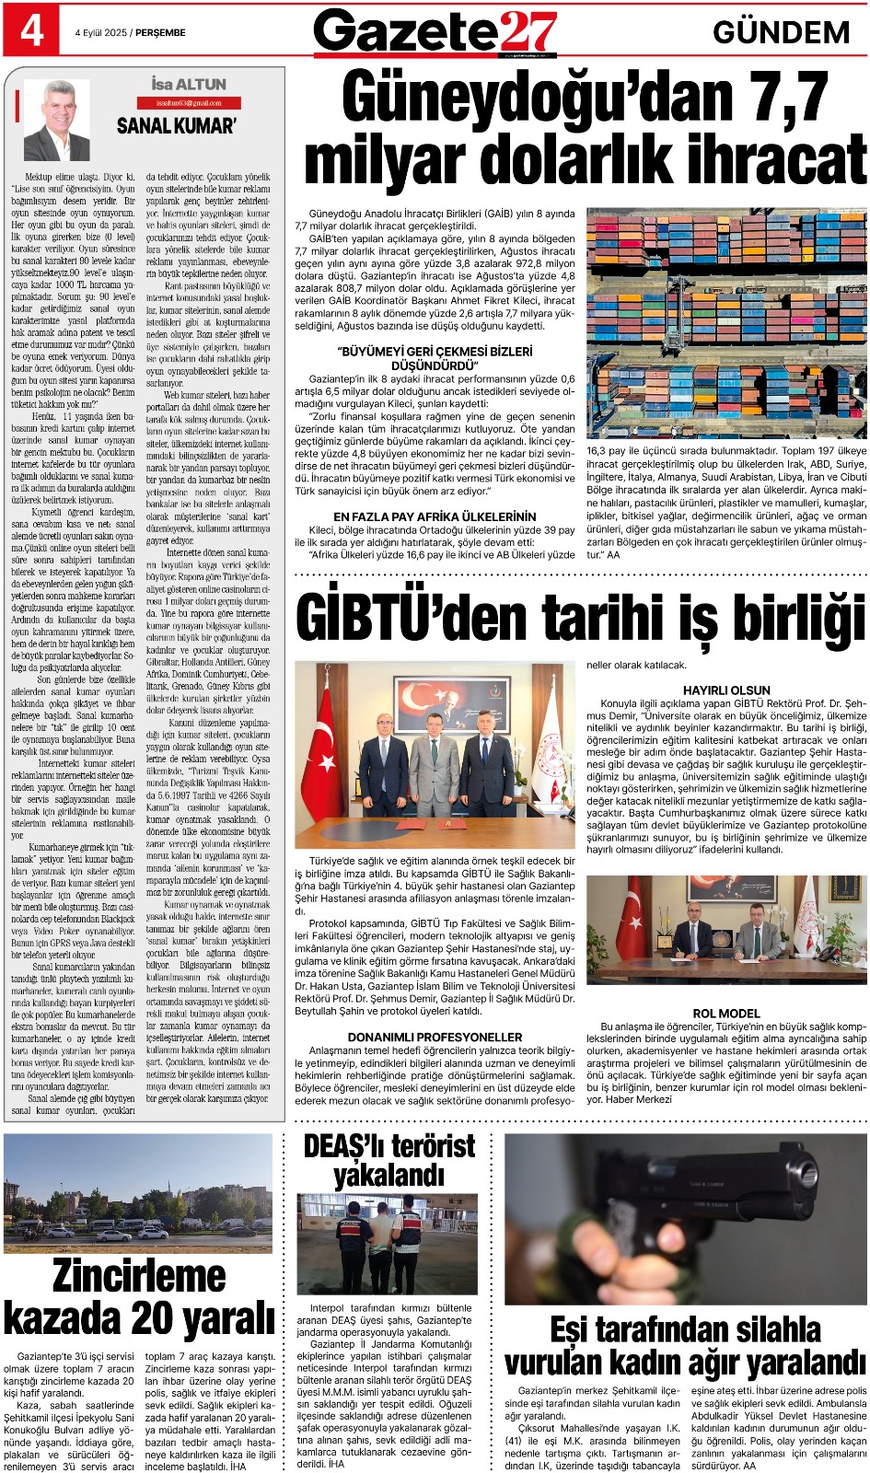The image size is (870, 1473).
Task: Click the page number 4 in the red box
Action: click(31, 30)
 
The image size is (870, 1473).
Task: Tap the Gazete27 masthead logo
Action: click(435, 32)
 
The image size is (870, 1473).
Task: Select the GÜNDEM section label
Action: click(781, 33)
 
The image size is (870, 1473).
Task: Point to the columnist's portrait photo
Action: click(57, 121)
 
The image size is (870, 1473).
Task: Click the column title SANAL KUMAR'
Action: click(176, 126)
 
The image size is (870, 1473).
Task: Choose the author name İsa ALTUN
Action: click(189, 85)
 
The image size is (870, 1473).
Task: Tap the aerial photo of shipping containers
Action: click(726, 324)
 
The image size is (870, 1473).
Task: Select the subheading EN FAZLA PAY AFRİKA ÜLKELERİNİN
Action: click(435, 516)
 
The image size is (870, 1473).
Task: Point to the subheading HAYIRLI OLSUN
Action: click(726, 690)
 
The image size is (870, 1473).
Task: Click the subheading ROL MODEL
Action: click(726, 1013)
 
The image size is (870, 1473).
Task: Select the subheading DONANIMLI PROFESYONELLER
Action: click(435, 1037)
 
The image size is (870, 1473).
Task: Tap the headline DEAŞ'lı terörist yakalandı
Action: click(389, 1160)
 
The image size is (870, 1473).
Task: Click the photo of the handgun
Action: click(685, 1218)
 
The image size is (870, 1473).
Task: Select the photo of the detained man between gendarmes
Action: click(388, 1245)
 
